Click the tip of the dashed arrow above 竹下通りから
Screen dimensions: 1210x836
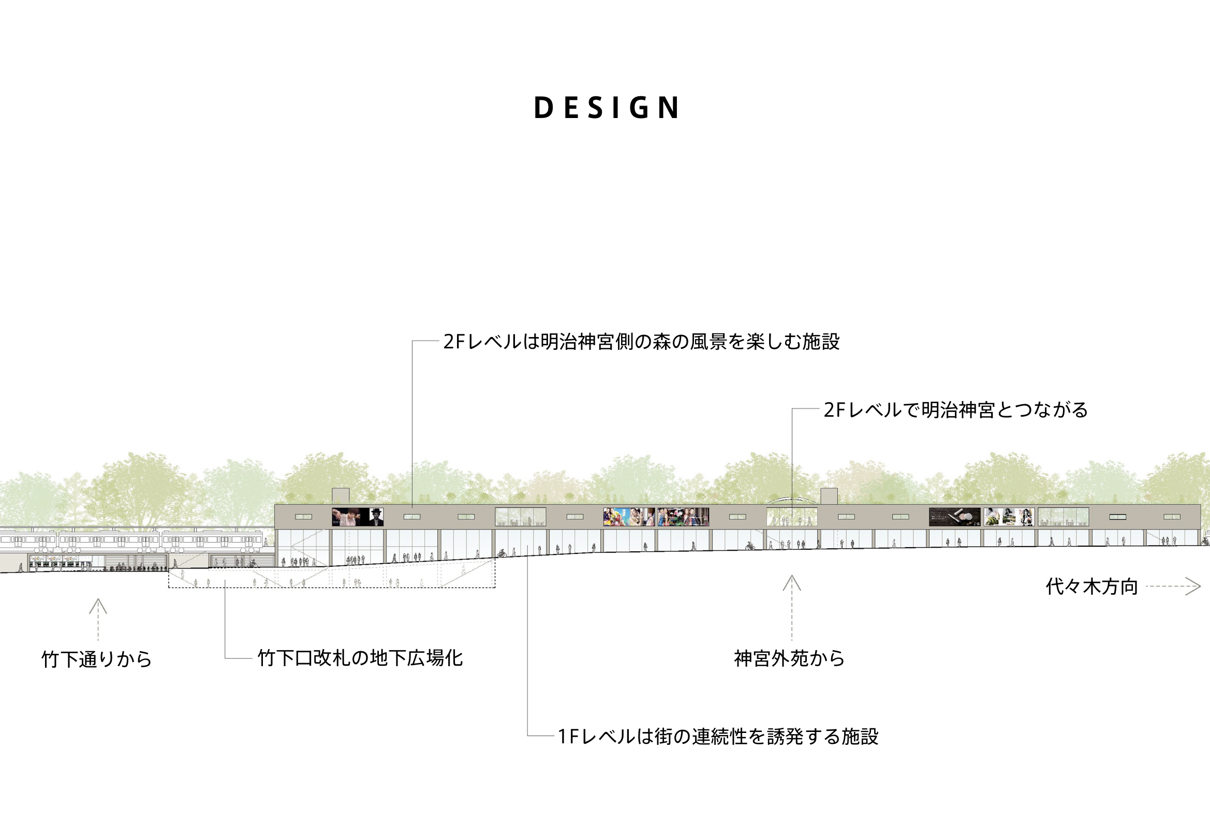(x=98, y=599)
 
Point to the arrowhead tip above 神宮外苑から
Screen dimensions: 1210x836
(x=792, y=576)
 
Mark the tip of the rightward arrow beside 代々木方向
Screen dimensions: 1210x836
(x=1200, y=586)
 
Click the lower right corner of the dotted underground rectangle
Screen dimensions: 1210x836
(x=495, y=588)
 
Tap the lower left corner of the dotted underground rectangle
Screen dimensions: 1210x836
(x=169, y=588)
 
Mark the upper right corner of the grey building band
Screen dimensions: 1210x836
(x=1201, y=504)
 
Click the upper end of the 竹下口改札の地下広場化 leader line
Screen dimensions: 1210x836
(x=225, y=580)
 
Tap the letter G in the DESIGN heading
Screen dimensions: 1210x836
(x=639, y=108)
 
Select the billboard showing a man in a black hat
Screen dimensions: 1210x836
(x=358, y=517)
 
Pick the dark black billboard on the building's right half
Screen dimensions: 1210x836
(x=954, y=517)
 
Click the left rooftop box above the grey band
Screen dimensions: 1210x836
(x=341, y=496)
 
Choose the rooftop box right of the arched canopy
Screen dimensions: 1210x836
(x=829, y=496)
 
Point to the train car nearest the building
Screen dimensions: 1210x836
(x=212, y=540)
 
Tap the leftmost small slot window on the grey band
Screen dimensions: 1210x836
(x=303, y=517)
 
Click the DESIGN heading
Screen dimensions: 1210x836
(x=607, y=108)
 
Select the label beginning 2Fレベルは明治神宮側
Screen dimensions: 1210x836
(x=641, y=342)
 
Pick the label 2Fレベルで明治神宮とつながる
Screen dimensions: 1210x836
(x=955, y=409)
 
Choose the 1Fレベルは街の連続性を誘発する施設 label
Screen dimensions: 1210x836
(x=718, y=737)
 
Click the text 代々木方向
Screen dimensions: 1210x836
(x=1091, y=586)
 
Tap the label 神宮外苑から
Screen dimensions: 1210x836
(x=790, y=658)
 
